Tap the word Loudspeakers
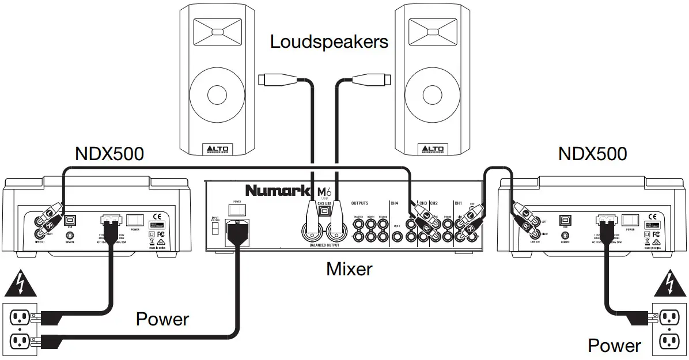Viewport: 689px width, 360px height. (x=329, y=41)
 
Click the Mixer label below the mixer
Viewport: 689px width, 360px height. (x=349, y=268)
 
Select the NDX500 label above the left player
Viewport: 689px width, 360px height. (x=109, y=154)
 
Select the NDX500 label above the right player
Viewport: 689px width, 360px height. (x=592, y=154)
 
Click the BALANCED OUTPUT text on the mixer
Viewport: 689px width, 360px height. (x=324, y=246)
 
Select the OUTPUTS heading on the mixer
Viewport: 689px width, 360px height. (x=359, y=203)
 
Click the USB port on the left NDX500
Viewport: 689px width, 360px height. (x=70, y=219)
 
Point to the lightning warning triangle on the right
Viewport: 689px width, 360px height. (x=668, y=283)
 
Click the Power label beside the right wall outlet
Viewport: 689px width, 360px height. (x=614, y=346)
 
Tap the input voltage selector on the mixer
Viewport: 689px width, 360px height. (x=214, y=229)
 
